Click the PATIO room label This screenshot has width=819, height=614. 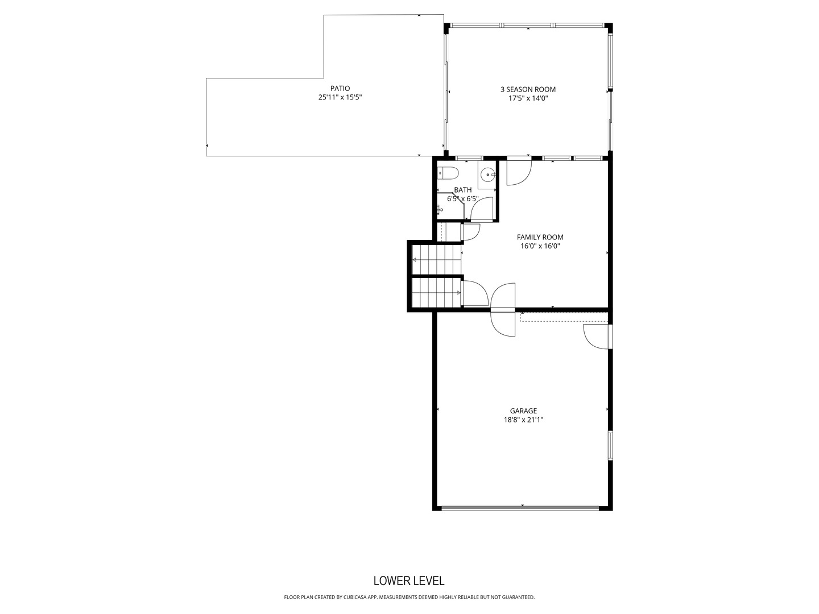[340, 88]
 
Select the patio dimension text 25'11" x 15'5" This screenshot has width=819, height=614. [340, 97]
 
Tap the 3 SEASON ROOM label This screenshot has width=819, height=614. [528, 89]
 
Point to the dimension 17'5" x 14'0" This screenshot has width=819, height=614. [528, 98]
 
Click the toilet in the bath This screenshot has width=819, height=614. [447, 172]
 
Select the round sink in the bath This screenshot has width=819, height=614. [487, 175]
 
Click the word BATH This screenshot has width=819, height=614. [462, 190]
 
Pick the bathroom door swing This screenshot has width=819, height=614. [482, 209]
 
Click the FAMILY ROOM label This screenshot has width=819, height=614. [540, 237]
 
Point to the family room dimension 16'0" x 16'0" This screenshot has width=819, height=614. [540, 246]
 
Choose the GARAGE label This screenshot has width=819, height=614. [523, 411]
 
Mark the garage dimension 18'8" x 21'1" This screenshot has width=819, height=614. [523, 420]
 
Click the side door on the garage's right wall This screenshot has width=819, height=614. [597, 336]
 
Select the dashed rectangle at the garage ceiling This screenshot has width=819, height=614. [563, 317]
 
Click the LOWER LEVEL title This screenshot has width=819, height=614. [409, 580]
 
